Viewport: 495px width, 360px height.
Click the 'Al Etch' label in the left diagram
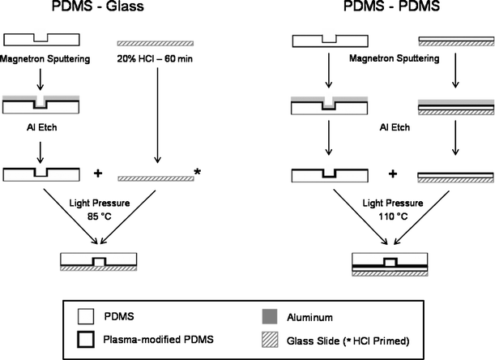click(x=36, y=126)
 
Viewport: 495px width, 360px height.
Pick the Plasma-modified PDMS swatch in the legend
click(x=71, y=339)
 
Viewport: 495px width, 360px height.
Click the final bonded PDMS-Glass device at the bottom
click(x=96, y=261)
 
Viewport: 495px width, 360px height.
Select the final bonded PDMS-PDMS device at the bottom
click(x=389, y=264)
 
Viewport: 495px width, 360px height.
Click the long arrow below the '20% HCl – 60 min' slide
click(x=155, y=113)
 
